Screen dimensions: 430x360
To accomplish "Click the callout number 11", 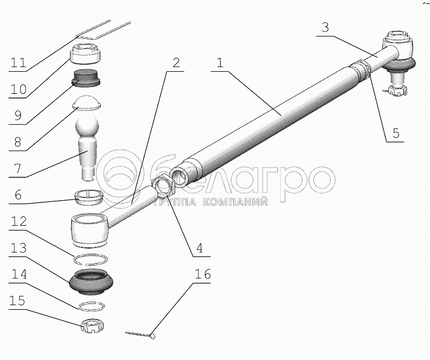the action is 18,63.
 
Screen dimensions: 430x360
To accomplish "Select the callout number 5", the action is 396,132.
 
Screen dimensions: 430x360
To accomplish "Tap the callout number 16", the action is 203,274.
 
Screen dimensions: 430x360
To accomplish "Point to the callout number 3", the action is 325,27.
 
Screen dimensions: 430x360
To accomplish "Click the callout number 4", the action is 200,248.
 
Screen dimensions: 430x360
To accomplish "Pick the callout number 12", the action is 18,221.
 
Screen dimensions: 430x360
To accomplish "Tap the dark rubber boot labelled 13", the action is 91,282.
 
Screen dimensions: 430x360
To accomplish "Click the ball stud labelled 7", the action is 86,148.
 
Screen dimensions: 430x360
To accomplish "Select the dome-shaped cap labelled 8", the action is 87,103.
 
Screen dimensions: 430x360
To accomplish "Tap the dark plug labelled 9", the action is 86,78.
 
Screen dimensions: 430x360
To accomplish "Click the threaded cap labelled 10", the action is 85,54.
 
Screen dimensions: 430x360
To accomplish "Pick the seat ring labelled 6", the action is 89,197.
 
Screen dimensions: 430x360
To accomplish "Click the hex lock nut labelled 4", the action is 163,187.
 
